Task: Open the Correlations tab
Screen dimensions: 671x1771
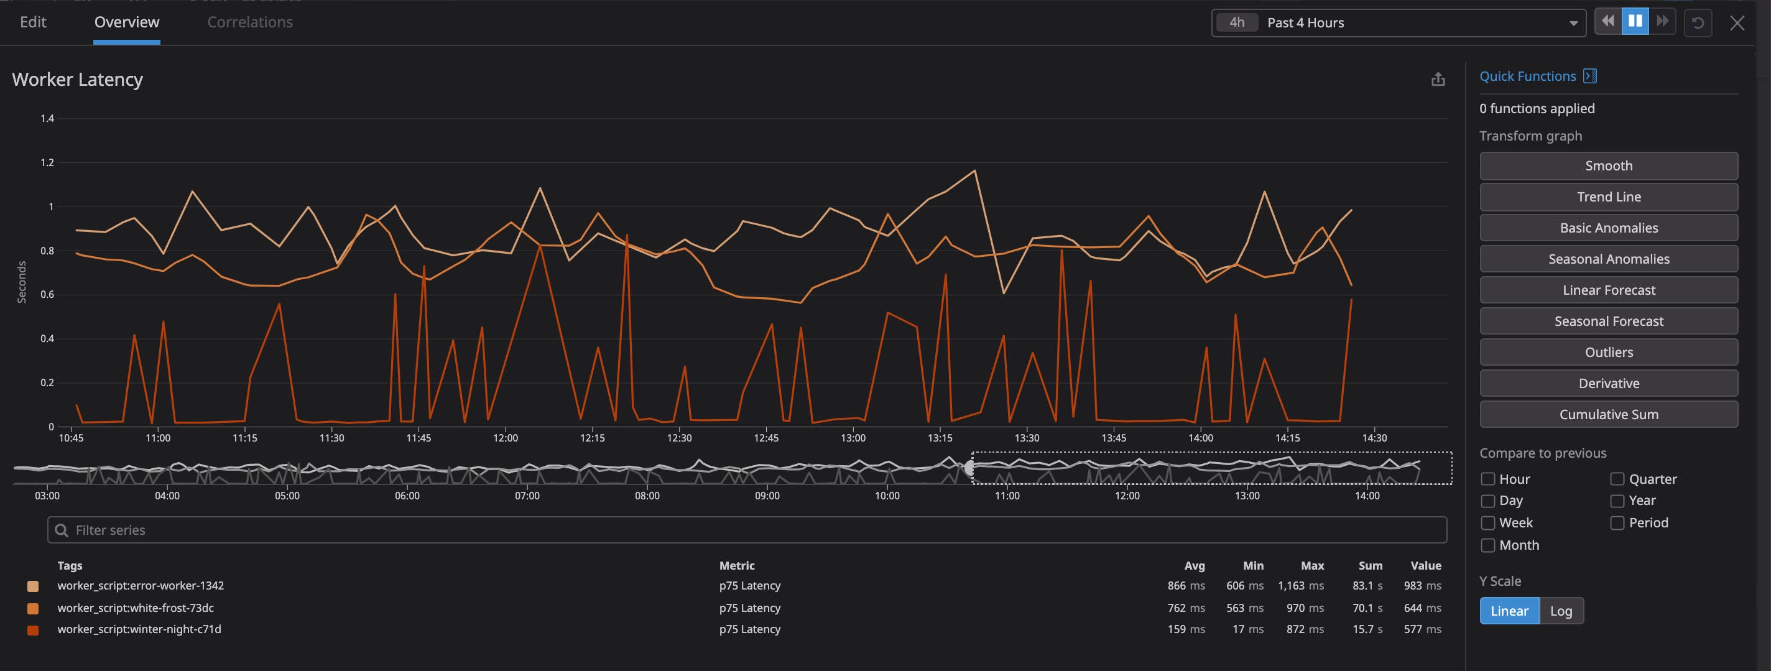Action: click(249, 22)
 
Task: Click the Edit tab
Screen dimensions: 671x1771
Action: click(33, 22)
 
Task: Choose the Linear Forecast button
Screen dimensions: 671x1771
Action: click(1608, 290)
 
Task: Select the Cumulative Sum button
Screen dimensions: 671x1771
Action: click(1608, 415)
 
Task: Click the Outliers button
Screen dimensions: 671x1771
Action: click(1608, 352)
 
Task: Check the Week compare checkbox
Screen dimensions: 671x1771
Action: click(1487, 523)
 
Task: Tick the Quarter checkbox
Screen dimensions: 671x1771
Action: click(1617, 479)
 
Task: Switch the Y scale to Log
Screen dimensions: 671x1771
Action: click(1561, 611)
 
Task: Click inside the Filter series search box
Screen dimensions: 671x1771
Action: click(747, 530)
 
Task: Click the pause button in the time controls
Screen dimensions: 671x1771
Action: click(1635, 22)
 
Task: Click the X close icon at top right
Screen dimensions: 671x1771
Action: click(1737, 24)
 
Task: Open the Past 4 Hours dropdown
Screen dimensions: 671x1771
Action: click(1399, 22)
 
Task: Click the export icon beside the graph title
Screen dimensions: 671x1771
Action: click(1438, 80)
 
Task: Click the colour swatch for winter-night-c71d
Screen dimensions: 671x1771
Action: click(32, 631)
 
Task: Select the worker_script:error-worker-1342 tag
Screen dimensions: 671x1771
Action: click(141, 586)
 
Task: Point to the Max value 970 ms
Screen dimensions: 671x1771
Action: click(1304, 608)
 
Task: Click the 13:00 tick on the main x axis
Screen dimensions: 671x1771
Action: click(853, 438)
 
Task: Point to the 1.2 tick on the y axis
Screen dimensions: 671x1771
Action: click(47, 163)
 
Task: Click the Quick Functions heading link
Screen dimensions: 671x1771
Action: click(1527, 76)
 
